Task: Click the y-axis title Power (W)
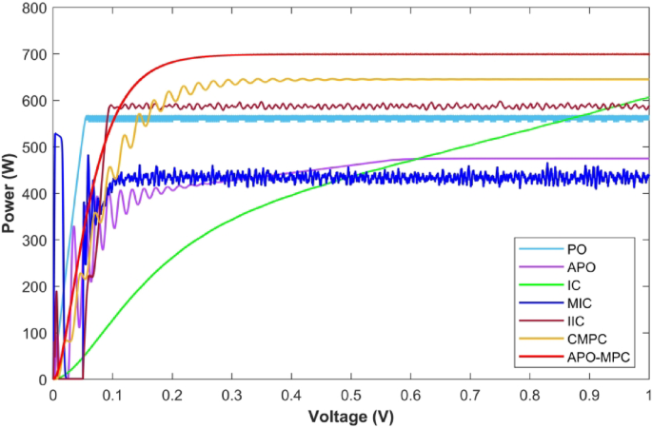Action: [10, 194]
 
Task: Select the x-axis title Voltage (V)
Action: [350, 416]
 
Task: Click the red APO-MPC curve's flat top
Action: [428, 54]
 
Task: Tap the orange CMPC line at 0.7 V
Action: [469, 80]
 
